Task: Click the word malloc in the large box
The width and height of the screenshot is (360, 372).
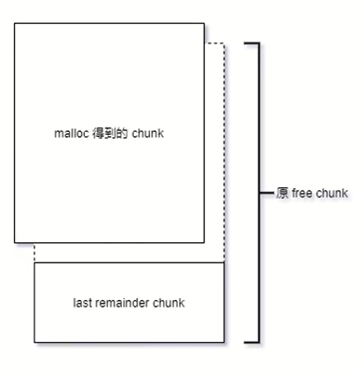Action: (71, 133)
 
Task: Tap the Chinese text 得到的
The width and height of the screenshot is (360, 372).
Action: (110, 133)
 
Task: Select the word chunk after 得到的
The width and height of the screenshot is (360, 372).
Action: (148, 133)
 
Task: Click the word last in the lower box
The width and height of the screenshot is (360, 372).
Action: (82, 303)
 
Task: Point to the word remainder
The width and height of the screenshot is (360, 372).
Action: (122, 303)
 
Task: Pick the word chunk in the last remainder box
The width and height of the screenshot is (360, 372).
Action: (169, 303)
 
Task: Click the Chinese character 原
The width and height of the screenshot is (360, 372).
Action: (283, 193)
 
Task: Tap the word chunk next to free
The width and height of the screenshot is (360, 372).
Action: (331, 193)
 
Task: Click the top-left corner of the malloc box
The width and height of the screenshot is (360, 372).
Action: (15, 23)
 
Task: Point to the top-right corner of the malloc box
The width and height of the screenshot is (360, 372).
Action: (204, 23)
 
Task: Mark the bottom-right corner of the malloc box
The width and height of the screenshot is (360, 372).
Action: (204, 243)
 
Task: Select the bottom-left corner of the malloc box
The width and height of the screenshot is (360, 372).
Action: (15, 243)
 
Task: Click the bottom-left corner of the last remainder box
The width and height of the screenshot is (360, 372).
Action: (34, 343)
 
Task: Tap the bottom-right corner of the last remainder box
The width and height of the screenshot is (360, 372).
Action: (224, 343)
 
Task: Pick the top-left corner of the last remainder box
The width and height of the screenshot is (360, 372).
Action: (34, 262)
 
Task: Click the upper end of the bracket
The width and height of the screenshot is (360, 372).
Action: (244, 43)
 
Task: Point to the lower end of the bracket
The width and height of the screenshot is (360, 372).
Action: (244, 343)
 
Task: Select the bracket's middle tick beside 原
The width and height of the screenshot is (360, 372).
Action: (267, 193)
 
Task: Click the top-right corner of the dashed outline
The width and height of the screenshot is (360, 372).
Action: (224, 43)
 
